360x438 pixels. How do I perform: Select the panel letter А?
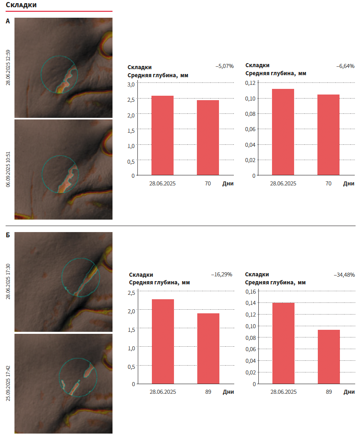pos(8,21)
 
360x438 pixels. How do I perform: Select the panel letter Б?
pos(8,236)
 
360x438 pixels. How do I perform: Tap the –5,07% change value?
pos(225,66)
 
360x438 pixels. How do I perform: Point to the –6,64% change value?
pos(345,66)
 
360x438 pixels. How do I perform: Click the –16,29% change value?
pos(222,275)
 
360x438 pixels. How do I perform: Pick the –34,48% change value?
pos(344,275)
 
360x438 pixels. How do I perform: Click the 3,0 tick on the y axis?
pos(131,84)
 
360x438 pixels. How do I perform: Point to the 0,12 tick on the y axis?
pos(250,83)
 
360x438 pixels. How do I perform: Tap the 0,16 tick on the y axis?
pos(250,291)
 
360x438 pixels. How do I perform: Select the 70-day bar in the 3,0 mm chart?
pos(208,138)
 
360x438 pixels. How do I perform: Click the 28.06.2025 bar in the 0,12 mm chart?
pos(283,132)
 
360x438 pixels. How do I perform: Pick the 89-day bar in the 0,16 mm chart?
pos(329,356)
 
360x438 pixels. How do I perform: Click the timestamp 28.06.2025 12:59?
pos(8,67)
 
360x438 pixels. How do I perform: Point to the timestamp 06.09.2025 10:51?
pos(8,169)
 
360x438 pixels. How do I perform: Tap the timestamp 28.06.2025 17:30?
pos(8,282)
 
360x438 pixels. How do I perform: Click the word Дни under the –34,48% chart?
pos(349,392)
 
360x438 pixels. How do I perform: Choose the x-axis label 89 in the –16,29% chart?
pos(208,392)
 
